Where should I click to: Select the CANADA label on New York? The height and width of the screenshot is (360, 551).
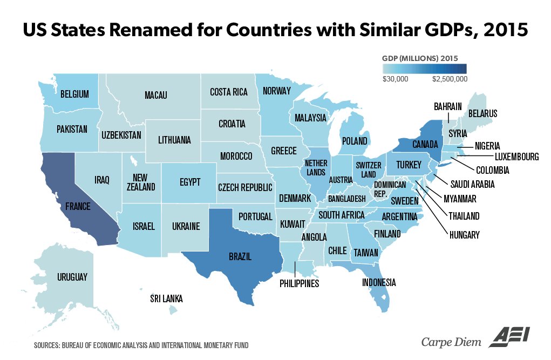pyautogui.click(x=425, y=145)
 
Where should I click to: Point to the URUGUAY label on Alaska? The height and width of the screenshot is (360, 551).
pyautogui.click(x=72, y=277)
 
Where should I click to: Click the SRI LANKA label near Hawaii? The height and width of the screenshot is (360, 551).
pyautogui.click(x=166, y=298)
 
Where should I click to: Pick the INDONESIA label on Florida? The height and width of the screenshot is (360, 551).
pyautogui.click(x=379, y=282)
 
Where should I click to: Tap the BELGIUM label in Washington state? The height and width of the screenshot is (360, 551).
pyautogui.click(x=74, y=94)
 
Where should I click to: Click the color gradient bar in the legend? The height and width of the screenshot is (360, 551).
pyautogui.click(x=424, y=69)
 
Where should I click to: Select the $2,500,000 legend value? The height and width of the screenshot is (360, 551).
pyautogui.click(x=450, y=79)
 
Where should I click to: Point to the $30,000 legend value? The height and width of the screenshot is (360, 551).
pyautogui.click(x=396, y=79)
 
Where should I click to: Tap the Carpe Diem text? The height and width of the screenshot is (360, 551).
pyautogui.click(x=451, y=341)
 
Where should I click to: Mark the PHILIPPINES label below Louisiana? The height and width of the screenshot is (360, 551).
pyautogui.click(x=300, y=283)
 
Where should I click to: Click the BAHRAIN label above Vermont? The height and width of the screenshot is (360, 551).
pyautogui.click(x=448, y=106)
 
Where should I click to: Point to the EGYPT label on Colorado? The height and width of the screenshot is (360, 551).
pyautogui.click(x=191, y=181)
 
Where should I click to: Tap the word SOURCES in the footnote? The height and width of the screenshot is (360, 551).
pyautogui.click(x=47, y=344)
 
